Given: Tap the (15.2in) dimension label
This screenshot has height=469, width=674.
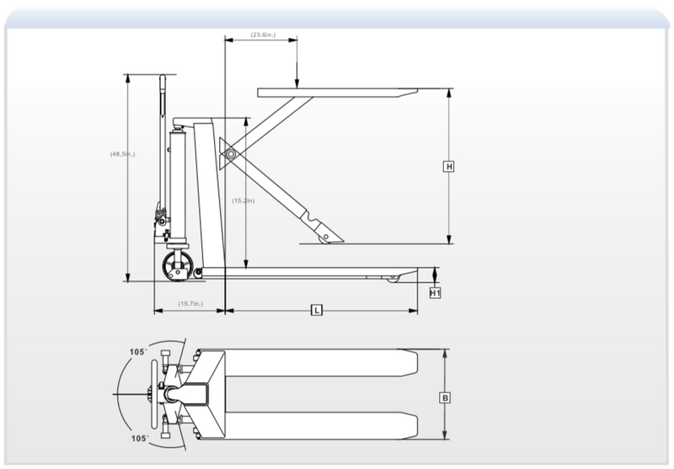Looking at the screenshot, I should click(x=243, y=200).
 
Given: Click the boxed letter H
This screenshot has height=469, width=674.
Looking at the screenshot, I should click(x=449, y=167).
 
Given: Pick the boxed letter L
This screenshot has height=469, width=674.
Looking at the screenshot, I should click(x=316, y=311).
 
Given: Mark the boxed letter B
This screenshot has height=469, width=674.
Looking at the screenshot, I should click(x=445, y=397).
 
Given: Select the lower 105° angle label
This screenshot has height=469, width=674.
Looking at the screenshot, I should click(x=138, y=438).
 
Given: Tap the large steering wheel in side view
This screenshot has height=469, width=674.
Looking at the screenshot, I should click(x=178, y=269).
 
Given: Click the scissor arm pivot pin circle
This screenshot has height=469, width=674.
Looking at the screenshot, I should click(x=227, y=154).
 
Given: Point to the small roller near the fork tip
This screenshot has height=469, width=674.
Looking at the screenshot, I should click(x=392, y=277).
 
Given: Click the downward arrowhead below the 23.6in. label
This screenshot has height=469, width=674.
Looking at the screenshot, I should click(x=297, y=81).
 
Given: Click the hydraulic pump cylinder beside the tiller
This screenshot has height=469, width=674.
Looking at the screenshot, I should click(x=178, y=181).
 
